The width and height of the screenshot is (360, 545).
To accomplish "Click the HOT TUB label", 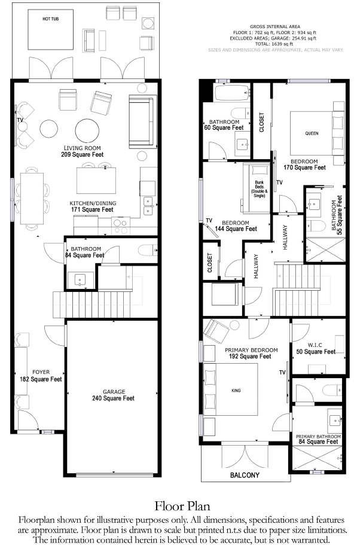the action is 50,19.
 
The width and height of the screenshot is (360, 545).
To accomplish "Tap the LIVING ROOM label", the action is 83,148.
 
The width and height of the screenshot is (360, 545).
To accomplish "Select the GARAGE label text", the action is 114,392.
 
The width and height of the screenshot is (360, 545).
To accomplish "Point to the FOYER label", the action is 41,372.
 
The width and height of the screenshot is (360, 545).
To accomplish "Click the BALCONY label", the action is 245,475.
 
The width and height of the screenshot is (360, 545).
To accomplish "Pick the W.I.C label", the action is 315,345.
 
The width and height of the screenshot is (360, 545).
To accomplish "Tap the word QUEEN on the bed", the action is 312,133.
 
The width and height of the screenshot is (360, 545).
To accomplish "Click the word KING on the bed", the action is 236,391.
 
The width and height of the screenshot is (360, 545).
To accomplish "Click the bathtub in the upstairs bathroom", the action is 233,93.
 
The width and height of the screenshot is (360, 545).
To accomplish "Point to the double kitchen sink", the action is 148,206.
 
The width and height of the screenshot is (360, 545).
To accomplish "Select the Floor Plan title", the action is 182,506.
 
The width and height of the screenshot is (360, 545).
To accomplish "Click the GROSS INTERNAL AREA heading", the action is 275,26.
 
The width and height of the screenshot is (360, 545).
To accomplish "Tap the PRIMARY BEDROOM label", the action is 251,350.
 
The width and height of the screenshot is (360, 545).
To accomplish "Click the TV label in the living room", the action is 20,120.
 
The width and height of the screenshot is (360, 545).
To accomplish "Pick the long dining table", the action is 32,199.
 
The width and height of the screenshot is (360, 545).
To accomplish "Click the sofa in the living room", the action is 141,121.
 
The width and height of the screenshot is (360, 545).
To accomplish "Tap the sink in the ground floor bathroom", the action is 81,280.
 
